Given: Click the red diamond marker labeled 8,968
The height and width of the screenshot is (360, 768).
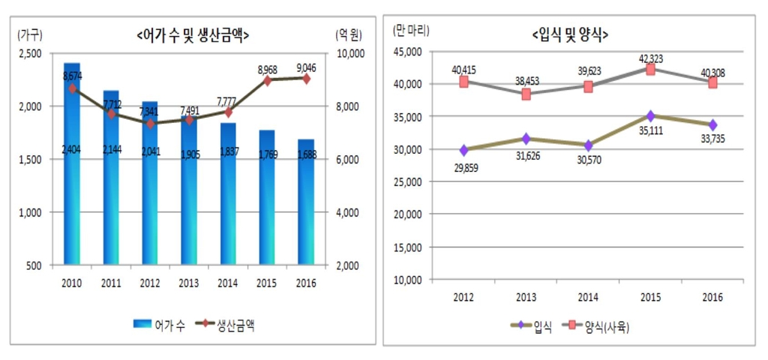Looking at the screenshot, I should click(x=267, y=80).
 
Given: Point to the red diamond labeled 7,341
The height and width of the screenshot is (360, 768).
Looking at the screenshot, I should click(x=150, y=124).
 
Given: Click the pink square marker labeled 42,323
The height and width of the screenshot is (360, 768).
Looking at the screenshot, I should click(x=651, y=70).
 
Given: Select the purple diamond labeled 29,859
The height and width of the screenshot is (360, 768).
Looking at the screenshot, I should click(x=464, y=150).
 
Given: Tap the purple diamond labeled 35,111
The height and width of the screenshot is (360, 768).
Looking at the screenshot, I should click(x=651, y=115).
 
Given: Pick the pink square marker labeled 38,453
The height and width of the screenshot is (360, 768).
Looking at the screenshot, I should click(x=526, y=94).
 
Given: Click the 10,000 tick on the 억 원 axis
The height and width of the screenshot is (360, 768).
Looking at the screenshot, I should click(x=349, y=53).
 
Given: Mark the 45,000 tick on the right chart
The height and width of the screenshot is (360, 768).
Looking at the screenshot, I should click(x=409, y=52).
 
